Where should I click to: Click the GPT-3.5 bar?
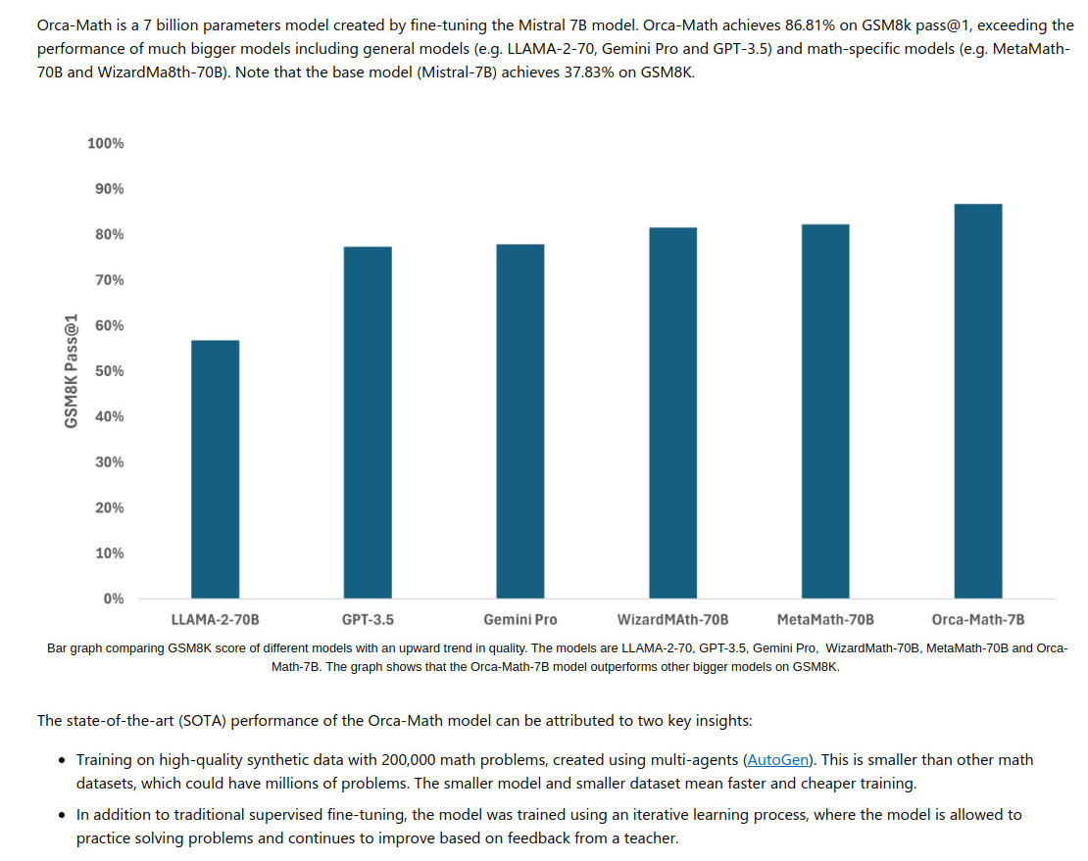(368, 422)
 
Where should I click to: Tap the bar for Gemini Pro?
(519, 421)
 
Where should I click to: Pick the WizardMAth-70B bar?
(672, 412)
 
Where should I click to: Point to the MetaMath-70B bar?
(825, 411)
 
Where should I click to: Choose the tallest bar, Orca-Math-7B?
(978, 401)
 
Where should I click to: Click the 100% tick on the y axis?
(106, 144)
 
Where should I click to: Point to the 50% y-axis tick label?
(109, 371)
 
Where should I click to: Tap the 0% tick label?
(113, 598)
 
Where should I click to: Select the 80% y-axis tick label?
(109, 235)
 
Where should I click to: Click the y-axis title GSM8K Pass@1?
(72, 371)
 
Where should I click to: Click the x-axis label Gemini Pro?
(519, 620)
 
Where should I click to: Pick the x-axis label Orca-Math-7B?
(977, 620)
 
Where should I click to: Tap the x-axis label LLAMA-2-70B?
(215, 620)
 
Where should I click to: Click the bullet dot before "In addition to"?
(63, 815)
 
